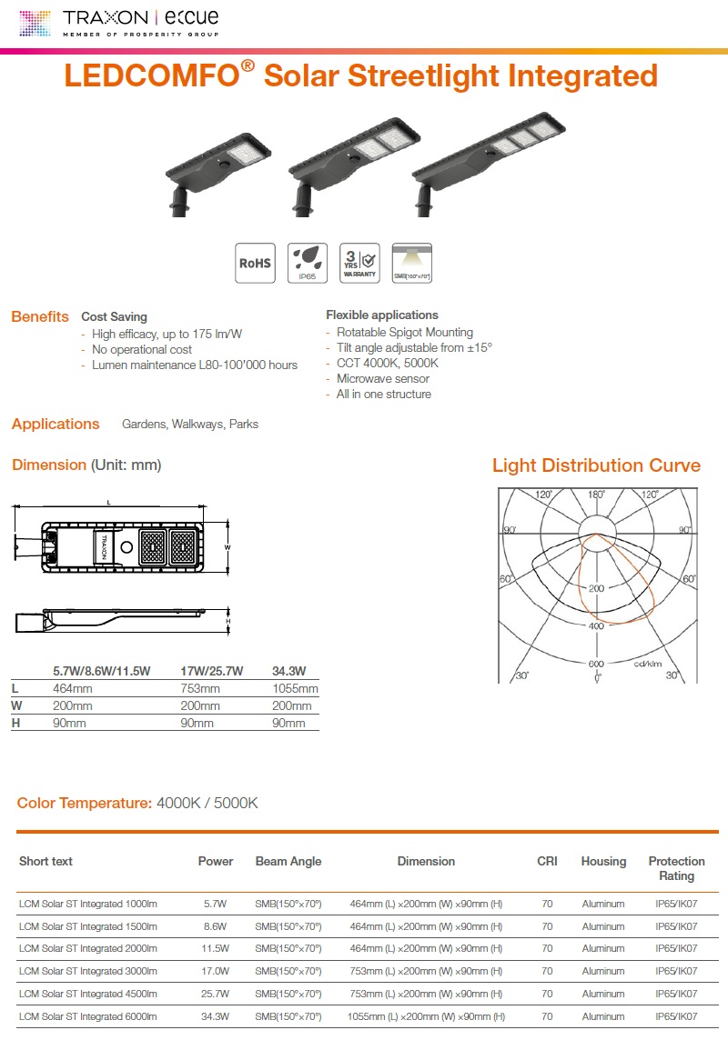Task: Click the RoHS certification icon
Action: click(x=255, y=263)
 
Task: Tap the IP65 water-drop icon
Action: click(x=308, y=263)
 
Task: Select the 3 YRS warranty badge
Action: click(x=359, y=263)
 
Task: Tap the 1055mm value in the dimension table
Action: click(x=295, y=689)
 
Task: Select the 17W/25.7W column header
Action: click(x=212, y=671)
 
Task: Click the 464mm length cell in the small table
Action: click(x=73, y=689)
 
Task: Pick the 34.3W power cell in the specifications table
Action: click(x=216, y=1016)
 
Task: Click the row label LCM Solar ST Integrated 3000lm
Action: click(x=88, y=972)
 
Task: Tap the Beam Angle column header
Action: click(x=288, y=861)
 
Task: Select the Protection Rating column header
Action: click(x=676, y=868)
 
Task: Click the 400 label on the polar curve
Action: click(x=596, y=626)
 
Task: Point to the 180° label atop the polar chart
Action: click(x=596, y=495)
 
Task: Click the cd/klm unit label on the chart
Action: click(x=648, y=664)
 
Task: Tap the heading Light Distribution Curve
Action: click(x=596, y=465)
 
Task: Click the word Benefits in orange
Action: click(x=40, y=317)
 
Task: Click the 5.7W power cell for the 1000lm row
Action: click(x=216, y=904)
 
